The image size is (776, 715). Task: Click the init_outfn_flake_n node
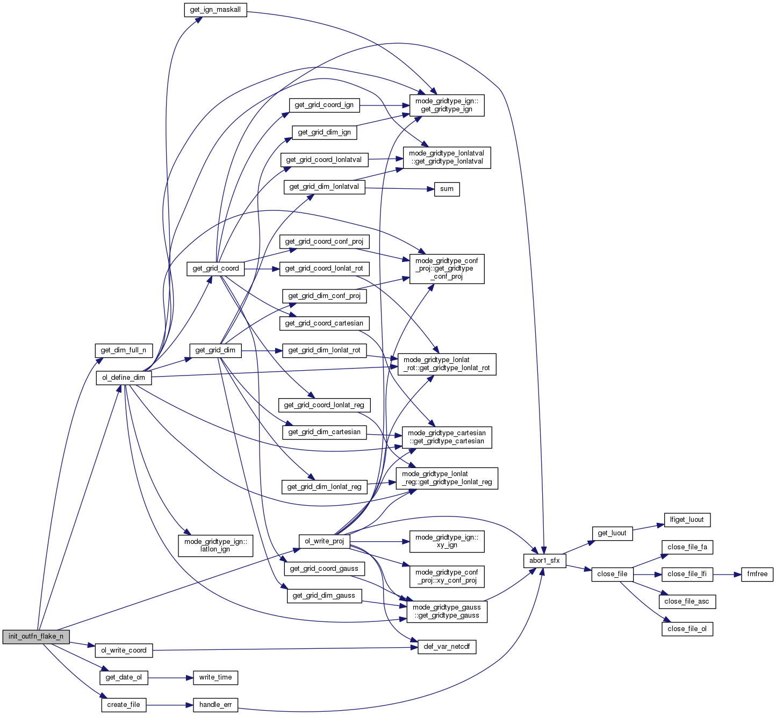coord(36,636)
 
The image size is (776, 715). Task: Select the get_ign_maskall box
coord(215,10)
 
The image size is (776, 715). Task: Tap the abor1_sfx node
coord(544,561)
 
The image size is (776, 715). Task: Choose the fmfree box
coord(757,574)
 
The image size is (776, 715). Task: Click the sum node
coord(447,189)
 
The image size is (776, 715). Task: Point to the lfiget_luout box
coord(687,520)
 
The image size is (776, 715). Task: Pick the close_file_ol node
coord(687,629)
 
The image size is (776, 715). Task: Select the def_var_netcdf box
coord(447,647)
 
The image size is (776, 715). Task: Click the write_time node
coord(215,677)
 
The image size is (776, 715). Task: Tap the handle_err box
coord(215,705)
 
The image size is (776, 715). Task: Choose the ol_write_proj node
coord(324,541)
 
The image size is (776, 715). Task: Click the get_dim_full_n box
coord(124,350)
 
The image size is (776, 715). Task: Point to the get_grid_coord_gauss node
coord(324,569)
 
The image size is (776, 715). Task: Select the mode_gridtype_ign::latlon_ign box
coord(215,546)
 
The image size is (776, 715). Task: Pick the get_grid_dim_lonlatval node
coord(324,187)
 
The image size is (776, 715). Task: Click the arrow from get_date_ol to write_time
coord(170,677)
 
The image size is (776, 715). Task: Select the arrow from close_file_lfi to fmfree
coord(727,574)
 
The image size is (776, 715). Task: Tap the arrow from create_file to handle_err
coord(169,705)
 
